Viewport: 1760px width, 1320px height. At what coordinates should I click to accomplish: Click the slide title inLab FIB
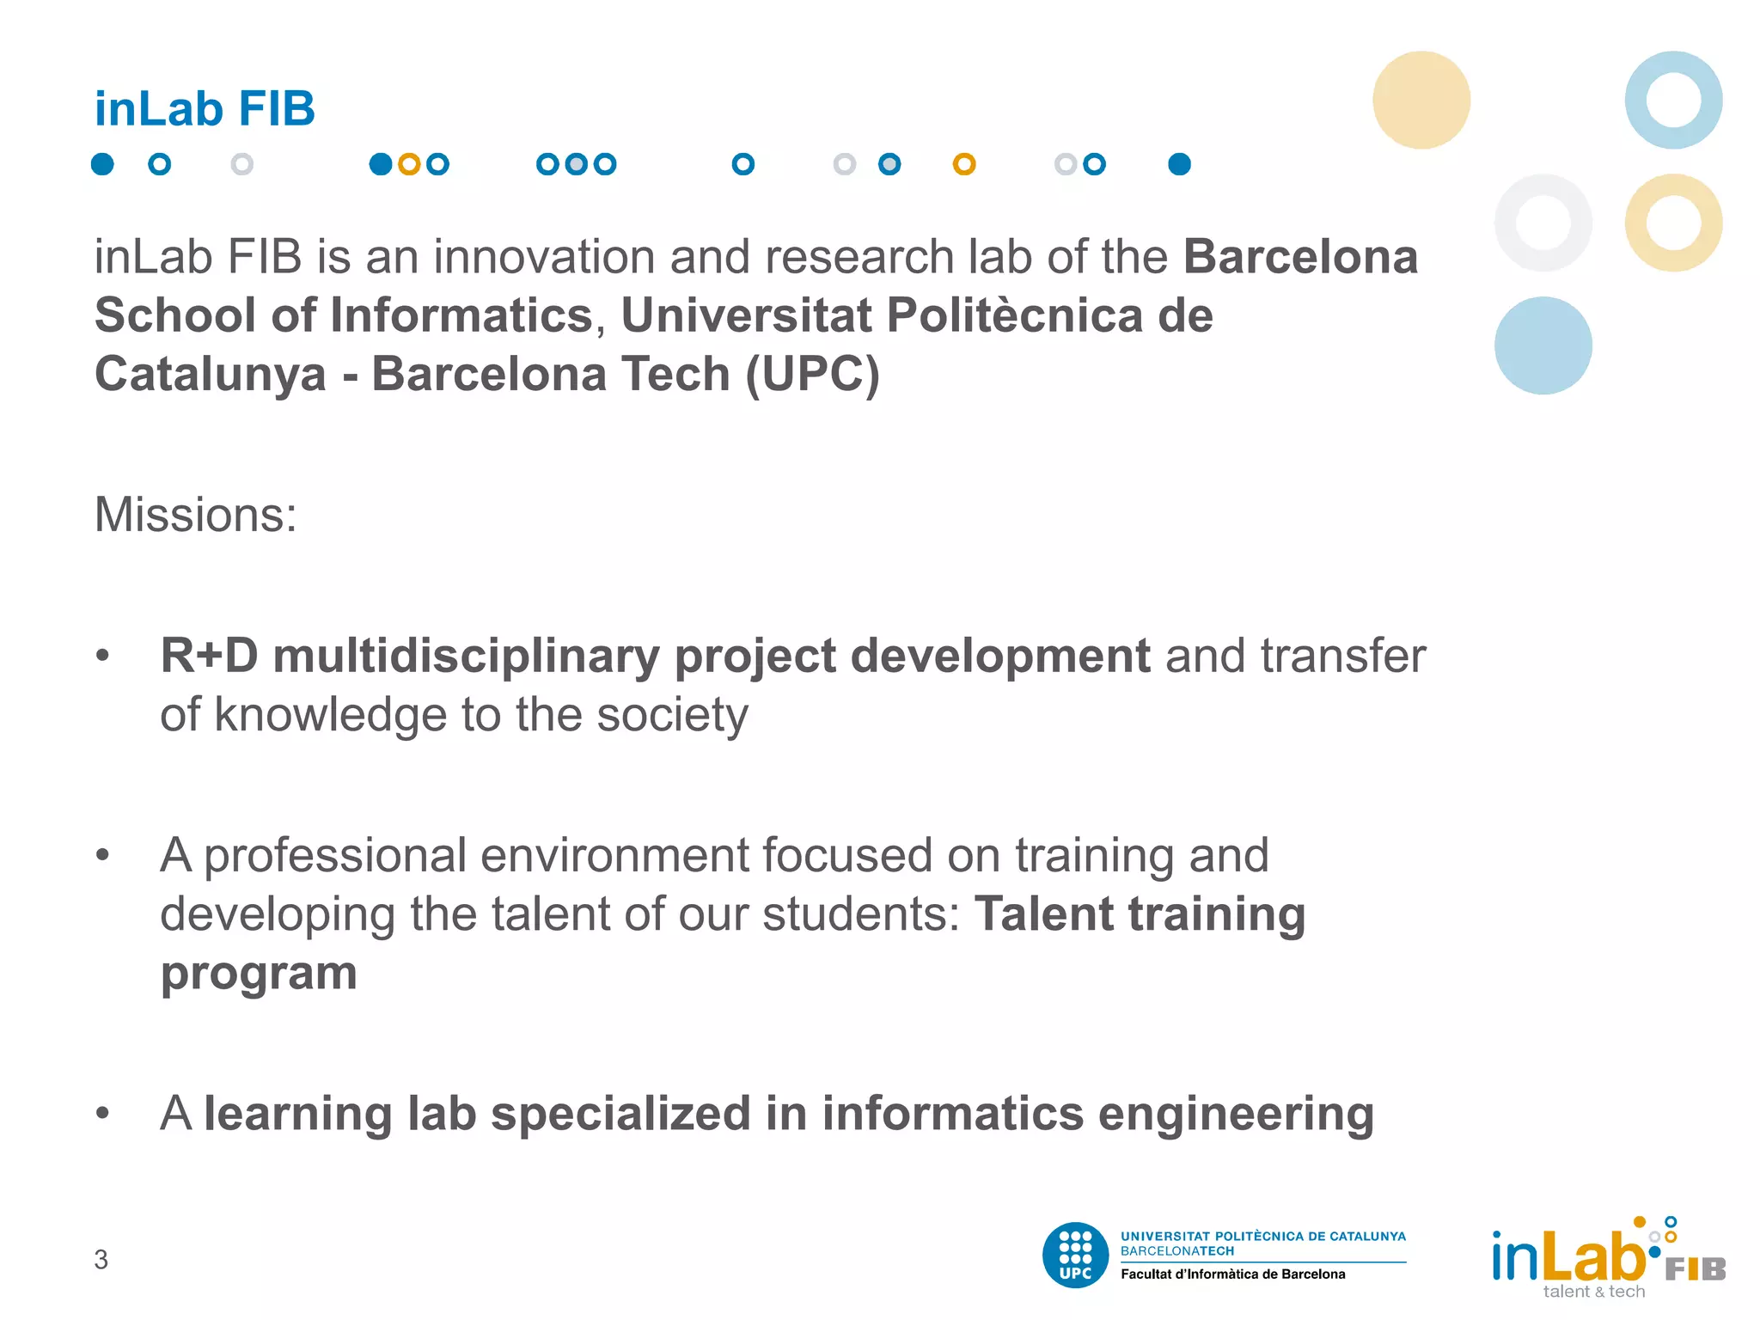coord(205,109)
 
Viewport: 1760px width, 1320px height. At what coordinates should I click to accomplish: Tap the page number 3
coord(101,1260)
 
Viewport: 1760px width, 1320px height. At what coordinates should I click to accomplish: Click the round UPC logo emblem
coord(1075,1256)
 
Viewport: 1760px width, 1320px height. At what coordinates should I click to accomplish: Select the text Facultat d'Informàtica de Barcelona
coord(1232,1274)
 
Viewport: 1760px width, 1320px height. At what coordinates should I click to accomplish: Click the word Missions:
coord(195,515)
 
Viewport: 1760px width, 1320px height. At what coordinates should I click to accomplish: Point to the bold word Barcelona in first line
coord(1300,257)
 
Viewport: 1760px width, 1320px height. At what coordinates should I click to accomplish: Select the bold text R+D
coord(209,656)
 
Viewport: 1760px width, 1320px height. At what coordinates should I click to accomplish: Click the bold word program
coord(259,973)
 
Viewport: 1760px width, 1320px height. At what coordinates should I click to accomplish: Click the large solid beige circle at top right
coord(1421,100)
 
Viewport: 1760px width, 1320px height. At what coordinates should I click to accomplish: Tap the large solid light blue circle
coord(1543,345)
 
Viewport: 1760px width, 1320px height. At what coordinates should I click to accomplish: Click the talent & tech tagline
coord(1593,1292)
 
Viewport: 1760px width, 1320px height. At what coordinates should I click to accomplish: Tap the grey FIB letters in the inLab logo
coord(1695,1269)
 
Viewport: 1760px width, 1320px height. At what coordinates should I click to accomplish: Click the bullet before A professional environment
coord(103,855)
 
